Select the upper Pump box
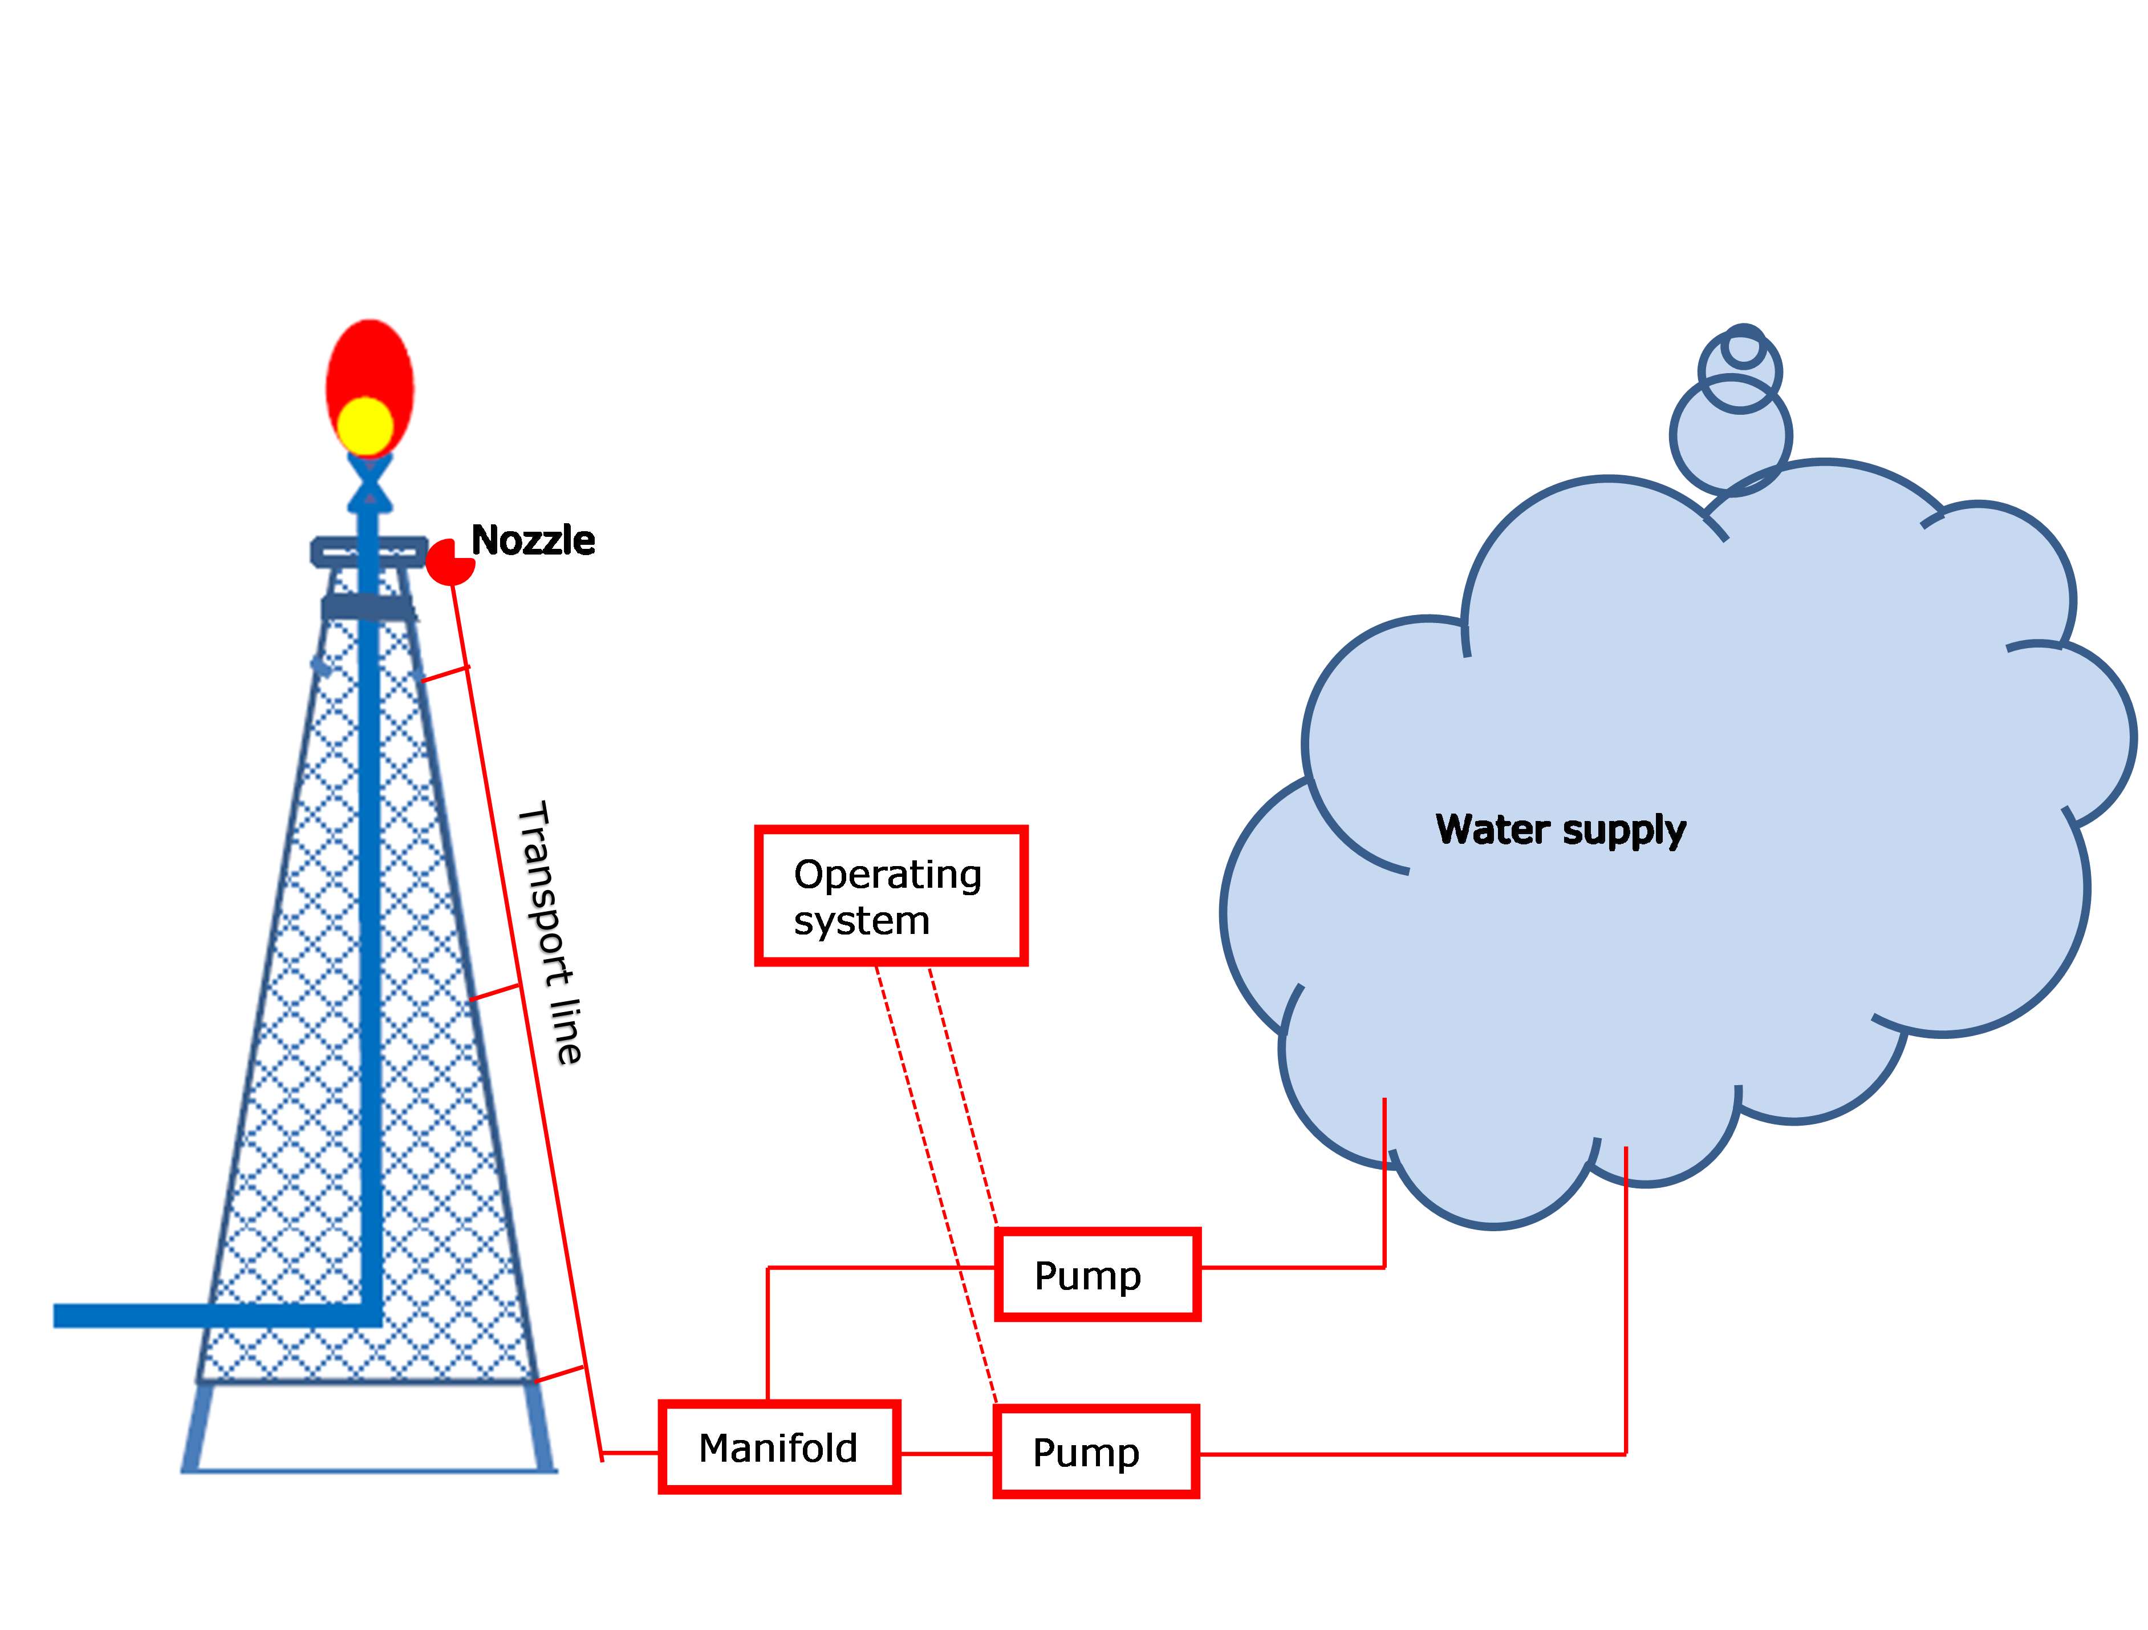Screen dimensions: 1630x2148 [x=1097, y=1275]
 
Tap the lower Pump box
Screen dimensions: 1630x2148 [x=1095, y=1451]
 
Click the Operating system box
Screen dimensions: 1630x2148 [x=891, y=896]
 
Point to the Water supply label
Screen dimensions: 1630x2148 [x=1561, y=830]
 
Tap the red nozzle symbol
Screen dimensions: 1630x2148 [x=449, y=564]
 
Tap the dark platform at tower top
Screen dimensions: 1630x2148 [x=369, y=551]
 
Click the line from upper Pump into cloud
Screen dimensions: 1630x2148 [x=1384, y=1214]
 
